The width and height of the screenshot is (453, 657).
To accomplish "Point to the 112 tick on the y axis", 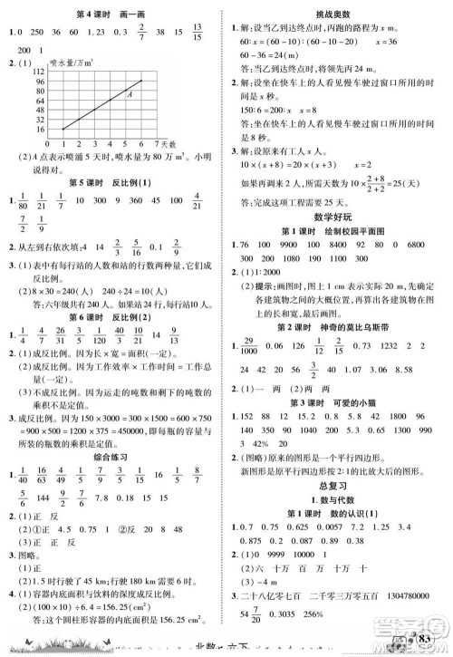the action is [38, 69].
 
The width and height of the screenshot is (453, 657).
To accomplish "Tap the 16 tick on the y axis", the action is [39, 130].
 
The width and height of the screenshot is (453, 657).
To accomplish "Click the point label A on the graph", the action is [132, 93].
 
